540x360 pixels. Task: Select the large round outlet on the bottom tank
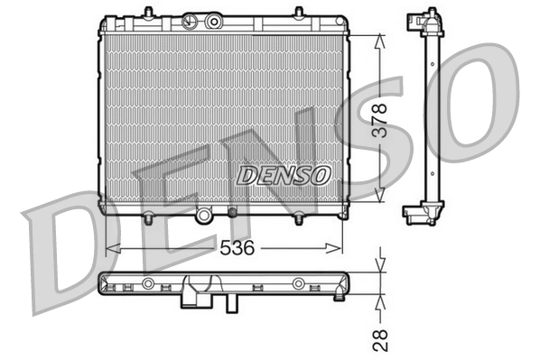[206, 216]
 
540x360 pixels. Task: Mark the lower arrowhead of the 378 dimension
[382, 194]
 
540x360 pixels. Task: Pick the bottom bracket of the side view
[420, 212]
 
